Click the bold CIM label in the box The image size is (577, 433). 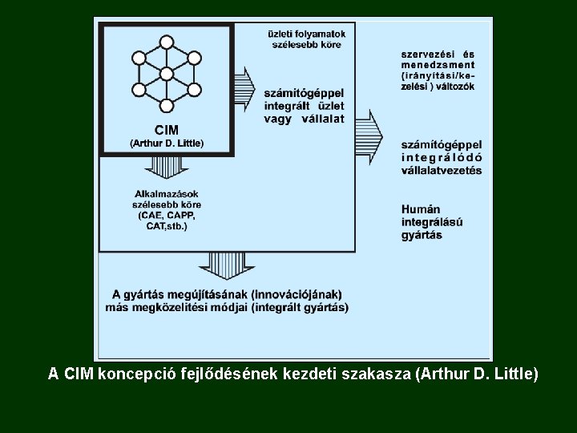pos(167,130)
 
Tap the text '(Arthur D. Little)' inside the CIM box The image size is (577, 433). pos(167,143)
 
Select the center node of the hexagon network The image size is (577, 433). pos(167,74)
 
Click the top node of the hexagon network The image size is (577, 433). pos(167,42)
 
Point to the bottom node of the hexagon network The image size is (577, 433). pos(167,106)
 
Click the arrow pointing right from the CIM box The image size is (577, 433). pos(244,83)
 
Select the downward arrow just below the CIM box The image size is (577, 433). pos(167,167)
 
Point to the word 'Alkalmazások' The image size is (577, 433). pos(167,193)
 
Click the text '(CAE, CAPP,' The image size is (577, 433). pos(167,216)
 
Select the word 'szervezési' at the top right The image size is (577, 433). pos(425,54)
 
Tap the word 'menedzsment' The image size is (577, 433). pos(438,65)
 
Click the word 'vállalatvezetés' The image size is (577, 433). pos(442,170)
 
